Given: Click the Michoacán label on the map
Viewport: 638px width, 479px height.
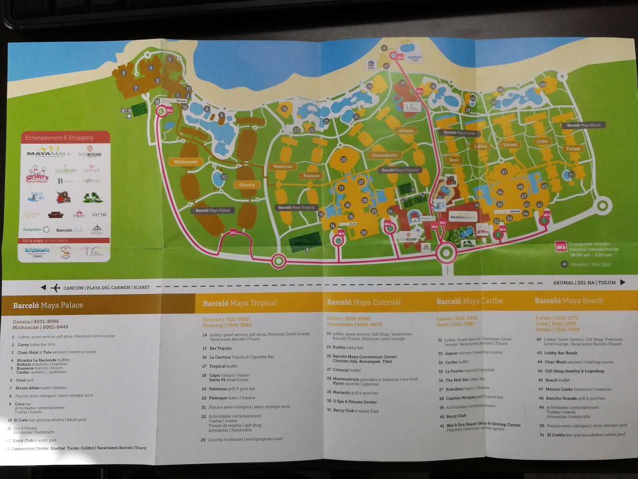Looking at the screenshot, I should click(x=185, y=162).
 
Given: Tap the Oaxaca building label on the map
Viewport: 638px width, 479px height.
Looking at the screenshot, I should click(x=247, y=185).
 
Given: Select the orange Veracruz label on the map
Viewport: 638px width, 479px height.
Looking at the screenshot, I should click(x=282, y=166).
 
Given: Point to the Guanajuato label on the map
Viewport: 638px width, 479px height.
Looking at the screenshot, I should click(x=385, y=155).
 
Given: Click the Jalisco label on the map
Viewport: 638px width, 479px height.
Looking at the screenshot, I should click(x=406, y=131).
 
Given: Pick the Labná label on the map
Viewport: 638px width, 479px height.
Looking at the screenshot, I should click(x=480, y=146).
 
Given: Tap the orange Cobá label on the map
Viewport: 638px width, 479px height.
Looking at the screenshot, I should click(x=542, y=141).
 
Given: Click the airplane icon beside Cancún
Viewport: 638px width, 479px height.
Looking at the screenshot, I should click(x=55, y=287).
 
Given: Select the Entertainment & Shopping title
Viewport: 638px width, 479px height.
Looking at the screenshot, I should click(x=59, y=138).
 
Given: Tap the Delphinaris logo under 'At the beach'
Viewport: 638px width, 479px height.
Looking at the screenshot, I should click(x=37, y=251).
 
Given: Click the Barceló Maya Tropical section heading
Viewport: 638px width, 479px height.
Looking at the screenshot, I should click(x=239, y=303).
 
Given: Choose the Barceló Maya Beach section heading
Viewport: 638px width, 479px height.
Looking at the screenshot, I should click(x=569, y=300).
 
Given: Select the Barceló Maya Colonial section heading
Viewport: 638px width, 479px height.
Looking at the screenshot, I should click(x=363, y=302).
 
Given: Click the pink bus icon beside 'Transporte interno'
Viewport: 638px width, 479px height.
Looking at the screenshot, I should click(x=561, y=246).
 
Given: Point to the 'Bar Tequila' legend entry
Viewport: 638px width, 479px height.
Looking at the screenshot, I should click(x=220, y=348).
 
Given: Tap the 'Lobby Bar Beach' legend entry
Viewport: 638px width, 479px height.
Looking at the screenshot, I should click(x=560, y=353).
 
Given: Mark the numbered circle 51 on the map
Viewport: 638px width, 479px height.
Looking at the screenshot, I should click(x=571, y=175).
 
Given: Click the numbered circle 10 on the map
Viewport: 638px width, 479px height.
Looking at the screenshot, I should click(x=223, y=177).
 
